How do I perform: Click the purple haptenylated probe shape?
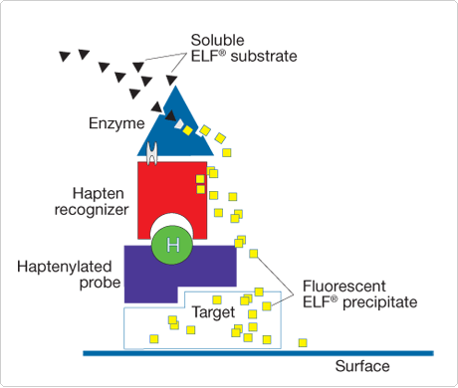[149, 275]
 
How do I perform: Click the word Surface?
[360, 367]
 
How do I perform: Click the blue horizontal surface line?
[259, 352]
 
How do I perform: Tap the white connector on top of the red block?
[153, 152]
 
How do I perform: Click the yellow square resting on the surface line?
[303, 344]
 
